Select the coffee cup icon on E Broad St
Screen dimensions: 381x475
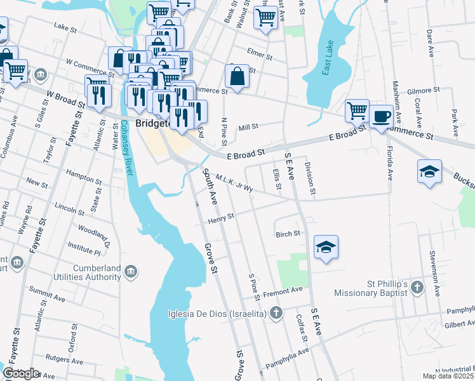(x=382, y=116)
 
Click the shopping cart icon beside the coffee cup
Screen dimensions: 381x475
(x=357, y=110)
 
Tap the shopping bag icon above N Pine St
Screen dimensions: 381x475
(x=237, y=77)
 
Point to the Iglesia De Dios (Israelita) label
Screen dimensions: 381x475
(x=215, y=312)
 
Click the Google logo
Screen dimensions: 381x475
(x=21, y=373)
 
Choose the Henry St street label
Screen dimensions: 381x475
(x=221, y=218)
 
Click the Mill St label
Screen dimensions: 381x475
(x=248, y=128)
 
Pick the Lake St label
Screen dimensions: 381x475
(x=64, y=27)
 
